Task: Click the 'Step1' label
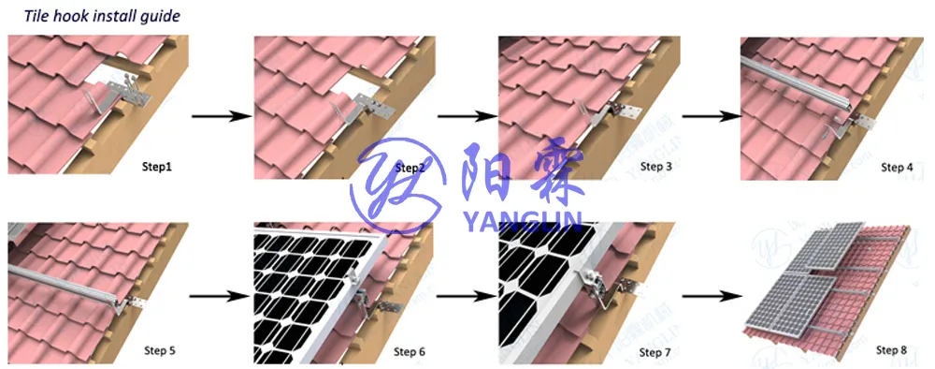click(157, 166)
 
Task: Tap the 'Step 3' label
click(654, 166)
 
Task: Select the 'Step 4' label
click(897, 167)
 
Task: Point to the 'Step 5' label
click(159, 350)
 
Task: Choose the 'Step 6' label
click(409, 351)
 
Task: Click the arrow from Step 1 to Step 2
click(221, 116)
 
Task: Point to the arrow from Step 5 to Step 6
click(221, 297)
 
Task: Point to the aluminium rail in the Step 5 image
click(65, 281)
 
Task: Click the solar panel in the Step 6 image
click(309, 290)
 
